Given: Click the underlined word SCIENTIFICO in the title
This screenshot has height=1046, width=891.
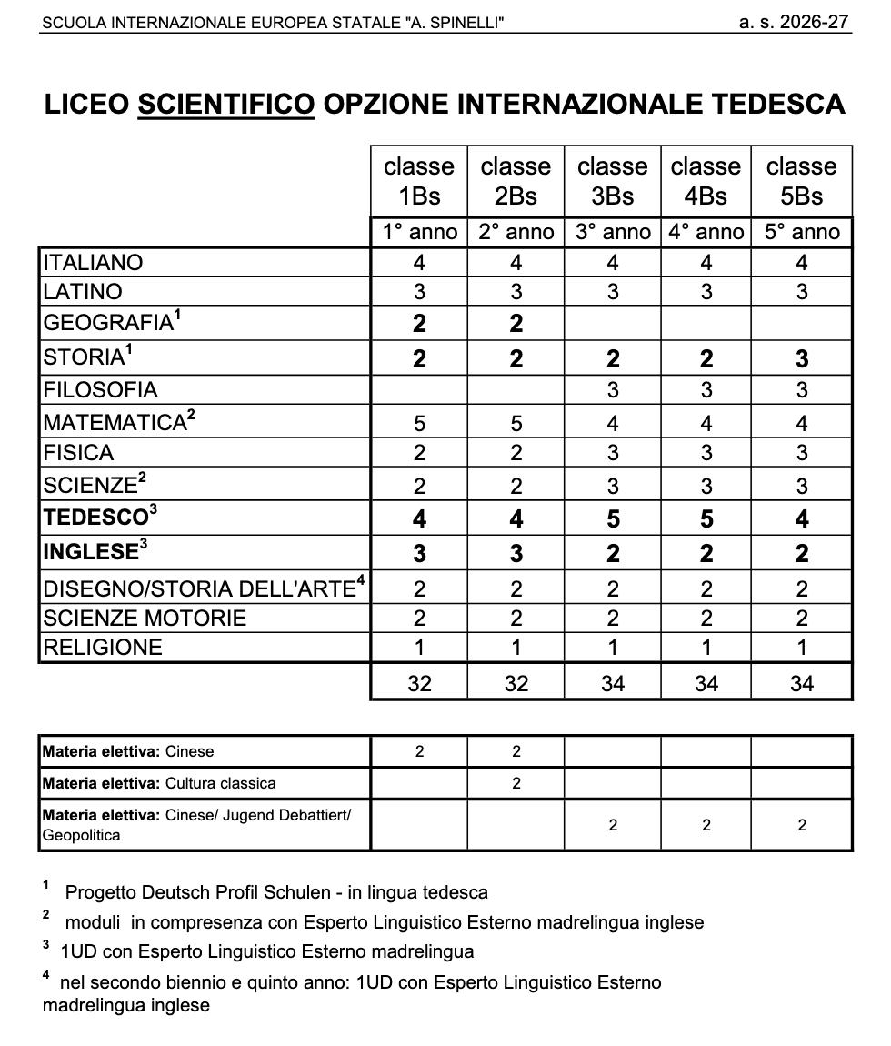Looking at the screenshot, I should tap(226, 105).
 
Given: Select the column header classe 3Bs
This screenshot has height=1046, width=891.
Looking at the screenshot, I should tap(613, 181).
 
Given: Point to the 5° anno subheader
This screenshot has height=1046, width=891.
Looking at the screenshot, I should tap(802, 232).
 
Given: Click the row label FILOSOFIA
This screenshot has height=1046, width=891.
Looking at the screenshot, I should tap(101, 390).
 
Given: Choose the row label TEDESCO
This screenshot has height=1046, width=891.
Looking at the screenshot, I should tap(95, 518).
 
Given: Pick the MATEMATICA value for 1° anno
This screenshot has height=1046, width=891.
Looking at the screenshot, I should tap(419, 423).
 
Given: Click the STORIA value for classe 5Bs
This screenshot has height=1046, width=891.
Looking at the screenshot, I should tap(802, 358).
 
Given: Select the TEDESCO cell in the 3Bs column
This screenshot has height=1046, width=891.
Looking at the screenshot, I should tap(613, 519).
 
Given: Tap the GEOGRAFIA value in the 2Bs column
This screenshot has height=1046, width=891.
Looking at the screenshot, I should tap(516, 324).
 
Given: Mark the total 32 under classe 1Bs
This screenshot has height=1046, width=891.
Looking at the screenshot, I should tap(419, 683).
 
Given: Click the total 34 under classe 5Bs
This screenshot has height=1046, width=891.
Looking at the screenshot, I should tap(802, 683).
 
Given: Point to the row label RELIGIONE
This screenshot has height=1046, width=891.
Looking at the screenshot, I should tap(103, 648).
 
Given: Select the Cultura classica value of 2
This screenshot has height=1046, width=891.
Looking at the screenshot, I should tap(516, 783).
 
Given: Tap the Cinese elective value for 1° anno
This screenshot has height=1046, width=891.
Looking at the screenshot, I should tap(419, 751).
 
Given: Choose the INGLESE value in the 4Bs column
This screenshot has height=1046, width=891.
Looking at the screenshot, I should tap(706, 553).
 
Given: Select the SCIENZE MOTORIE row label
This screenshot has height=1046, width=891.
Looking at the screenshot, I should tap(145, 619).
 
